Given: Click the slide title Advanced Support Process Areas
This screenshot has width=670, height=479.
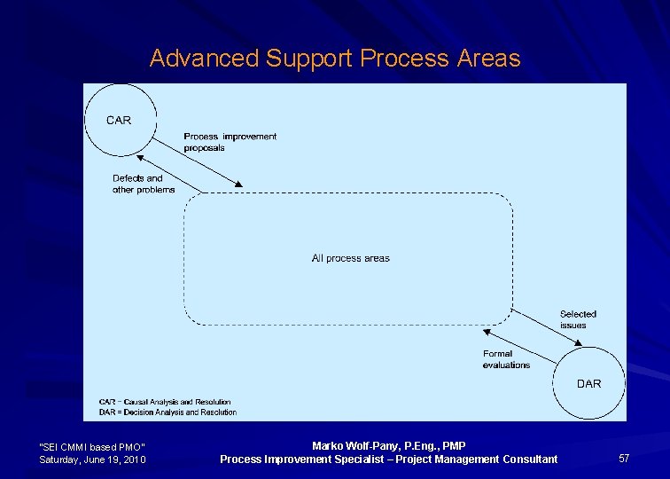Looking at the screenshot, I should coord(335,59).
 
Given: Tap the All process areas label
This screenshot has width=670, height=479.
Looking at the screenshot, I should coord(350,258).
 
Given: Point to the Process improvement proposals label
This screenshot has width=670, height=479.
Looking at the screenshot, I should coord(230,142).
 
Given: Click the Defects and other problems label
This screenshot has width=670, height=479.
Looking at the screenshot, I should coord(144,184).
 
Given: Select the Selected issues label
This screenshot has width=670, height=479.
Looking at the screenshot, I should coord(578,319).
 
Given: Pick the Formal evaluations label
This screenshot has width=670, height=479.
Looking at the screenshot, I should coord(506,359).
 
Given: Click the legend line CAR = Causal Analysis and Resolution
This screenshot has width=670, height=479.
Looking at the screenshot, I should coord(165,403).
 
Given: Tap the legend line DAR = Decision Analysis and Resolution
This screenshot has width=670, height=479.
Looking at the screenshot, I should coord(167,412).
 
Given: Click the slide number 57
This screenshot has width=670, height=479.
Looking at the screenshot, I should coord(624,459).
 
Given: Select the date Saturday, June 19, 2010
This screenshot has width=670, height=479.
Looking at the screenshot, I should coord(92,459).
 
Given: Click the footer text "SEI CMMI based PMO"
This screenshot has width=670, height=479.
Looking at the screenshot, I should coord(92,446).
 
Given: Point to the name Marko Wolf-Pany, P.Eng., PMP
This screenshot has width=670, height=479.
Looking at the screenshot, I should coord(388,445).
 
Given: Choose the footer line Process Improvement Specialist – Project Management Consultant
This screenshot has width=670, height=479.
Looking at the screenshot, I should coord(388,459).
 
